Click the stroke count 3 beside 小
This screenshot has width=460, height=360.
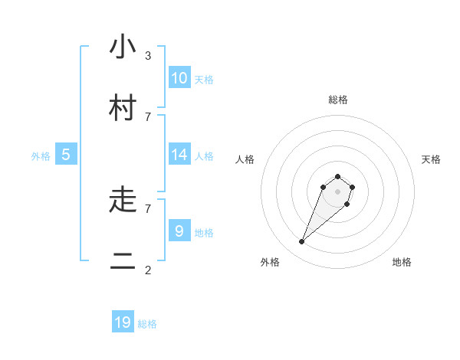[147, 55]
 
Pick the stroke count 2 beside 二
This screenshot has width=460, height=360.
[147, 270]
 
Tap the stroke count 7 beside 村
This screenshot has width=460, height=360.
[147, 116]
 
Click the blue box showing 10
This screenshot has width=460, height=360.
[179, 77]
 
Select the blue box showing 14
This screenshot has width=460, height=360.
[179, 154]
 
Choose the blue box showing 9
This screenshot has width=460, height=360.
[179, 230]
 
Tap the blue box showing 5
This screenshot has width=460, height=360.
[66, 154]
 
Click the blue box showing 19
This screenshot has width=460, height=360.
[123, 322]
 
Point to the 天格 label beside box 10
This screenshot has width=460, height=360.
[204, 80]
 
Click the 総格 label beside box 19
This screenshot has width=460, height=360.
[147, 325]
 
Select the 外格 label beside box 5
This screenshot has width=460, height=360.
[41, 156]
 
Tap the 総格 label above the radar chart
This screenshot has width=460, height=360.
[338, 100]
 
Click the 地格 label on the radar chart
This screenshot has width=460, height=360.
[402, 262]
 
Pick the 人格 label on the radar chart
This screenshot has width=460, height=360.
[245, 159]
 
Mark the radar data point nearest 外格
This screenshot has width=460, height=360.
[302, 242]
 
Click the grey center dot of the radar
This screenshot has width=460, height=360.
[338, 191]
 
